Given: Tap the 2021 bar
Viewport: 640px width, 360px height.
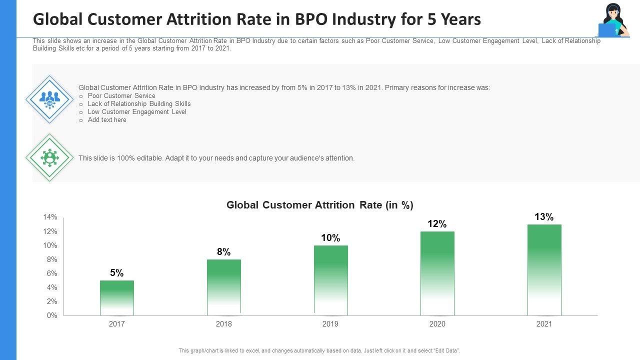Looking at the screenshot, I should [544, 270].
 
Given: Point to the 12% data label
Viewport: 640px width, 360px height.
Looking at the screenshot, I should [437, 224].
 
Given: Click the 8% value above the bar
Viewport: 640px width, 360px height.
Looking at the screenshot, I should [223, 252].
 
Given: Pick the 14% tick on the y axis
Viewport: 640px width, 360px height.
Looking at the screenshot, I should [50, 217].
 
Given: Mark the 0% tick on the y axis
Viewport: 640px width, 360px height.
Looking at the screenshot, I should [52, 315].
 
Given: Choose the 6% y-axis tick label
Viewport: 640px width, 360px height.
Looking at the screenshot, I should [52, 273].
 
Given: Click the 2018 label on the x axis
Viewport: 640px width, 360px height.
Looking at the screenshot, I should [223, 324].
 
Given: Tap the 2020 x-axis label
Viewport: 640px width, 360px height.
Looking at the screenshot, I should [437, 324].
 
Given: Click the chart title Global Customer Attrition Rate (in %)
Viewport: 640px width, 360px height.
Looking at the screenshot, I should [320, 205].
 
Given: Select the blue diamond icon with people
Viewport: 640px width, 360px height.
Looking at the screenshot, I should [49, 99].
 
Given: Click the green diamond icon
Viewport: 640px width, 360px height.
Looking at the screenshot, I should [49, 157].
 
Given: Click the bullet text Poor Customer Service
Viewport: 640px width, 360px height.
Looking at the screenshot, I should [121, 95].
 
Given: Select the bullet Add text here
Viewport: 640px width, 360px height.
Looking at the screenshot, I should [107, 120].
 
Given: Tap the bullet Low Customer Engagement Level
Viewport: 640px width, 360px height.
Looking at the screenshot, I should [137, 112].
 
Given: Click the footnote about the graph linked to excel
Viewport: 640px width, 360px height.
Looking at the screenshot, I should [319, 350].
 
